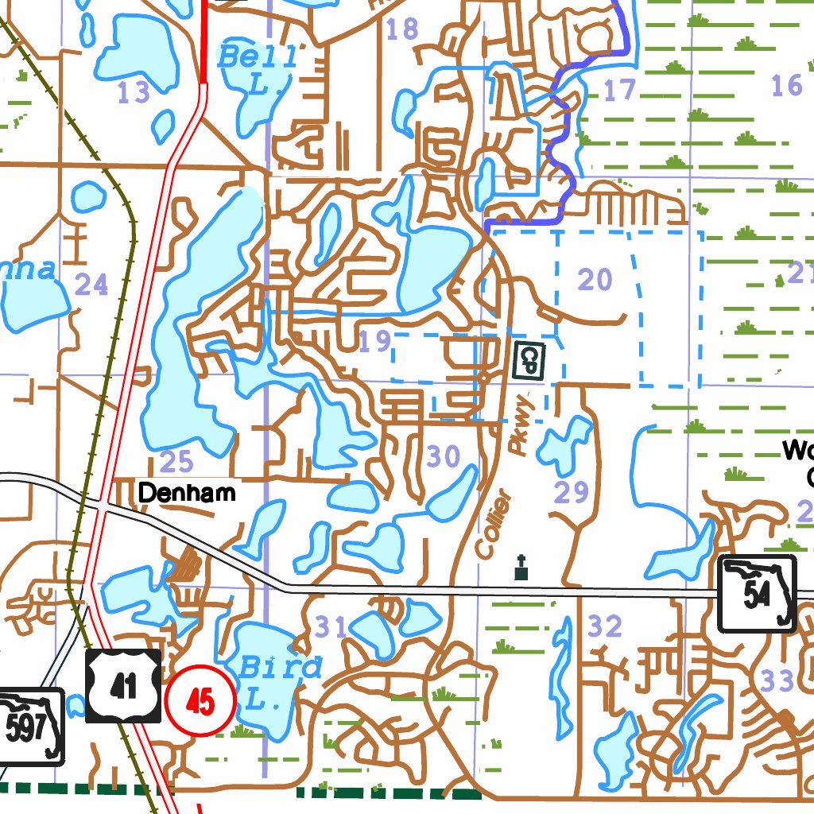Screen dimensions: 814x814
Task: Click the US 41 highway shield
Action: tap(123, 686)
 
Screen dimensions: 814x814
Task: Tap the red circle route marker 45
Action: tap(201, 701)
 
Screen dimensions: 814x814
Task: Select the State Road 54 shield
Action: tap(758, 594)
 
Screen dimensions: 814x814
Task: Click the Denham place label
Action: tap(187, 493)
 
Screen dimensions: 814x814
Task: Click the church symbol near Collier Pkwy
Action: tap(521, 568)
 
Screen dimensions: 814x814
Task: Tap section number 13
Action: tap(134, 93)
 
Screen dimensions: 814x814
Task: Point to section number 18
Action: tap(401, 29)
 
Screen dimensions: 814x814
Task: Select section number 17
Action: tap(619, 90)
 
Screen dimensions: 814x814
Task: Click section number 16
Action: tap(787, 84)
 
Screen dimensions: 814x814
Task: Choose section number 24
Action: tap(91, 284)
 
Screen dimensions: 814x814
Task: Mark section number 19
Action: tap(374, 342)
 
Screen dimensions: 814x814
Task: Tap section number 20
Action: tap(595, 279)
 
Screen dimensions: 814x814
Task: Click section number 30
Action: tap(443, 456)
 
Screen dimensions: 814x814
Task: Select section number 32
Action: tap(606, 626)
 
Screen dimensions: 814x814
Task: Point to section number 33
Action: tap(777, 680)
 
